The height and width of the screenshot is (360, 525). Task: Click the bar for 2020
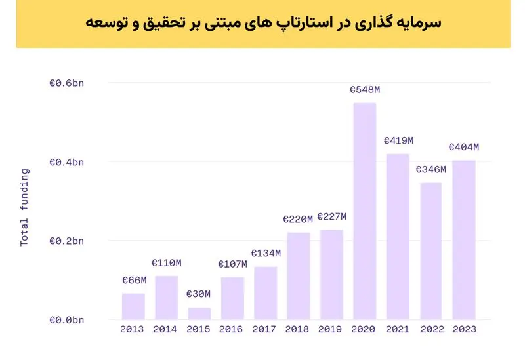[x=365, y=211]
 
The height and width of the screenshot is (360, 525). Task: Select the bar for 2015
[x=199, y=314]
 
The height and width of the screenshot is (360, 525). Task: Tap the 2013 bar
[x=133, y=306]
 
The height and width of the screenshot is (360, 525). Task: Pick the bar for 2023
[x=464, y=240]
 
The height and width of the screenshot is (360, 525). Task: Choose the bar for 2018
[x=299, y=276]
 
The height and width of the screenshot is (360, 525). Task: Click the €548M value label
[x=365, y=90]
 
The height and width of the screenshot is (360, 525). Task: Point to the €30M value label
[x=199, y=294]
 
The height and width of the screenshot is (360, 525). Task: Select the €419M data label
[x=399, y=141]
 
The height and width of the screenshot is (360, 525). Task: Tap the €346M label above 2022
[x=431, y=170]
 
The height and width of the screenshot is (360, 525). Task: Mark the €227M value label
[x=332, y=217]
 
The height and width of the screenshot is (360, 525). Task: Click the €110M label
[x=167, y=263]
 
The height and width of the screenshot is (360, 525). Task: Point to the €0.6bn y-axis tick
[x=67, y=83]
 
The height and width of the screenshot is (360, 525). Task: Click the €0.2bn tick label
[x=67, y=241]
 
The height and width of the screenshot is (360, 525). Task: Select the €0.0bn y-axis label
[x=67, y=320]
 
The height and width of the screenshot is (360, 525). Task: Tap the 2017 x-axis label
[x=264, y=329]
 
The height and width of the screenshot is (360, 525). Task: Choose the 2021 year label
[x=398, y=329]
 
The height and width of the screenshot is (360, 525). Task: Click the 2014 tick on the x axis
[x=165, y=329]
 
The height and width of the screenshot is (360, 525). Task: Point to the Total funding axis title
[x=24, y=207]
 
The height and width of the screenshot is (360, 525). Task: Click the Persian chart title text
[x=263, y=23]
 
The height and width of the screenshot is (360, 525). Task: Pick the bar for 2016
[x=232, y=298]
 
